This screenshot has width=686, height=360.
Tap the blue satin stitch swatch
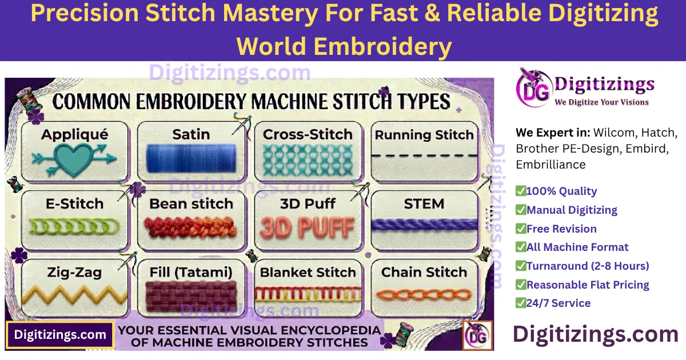tap(190, 158)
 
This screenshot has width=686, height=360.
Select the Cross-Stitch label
tap(308, 135)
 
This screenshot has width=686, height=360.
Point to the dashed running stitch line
tap(424, 155)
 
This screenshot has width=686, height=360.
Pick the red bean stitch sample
tap(190, 228)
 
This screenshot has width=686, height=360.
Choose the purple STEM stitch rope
tap(424, 225)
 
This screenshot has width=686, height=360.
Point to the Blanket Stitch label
tap(308, 273)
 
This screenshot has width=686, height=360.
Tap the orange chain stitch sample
tap(424, 295)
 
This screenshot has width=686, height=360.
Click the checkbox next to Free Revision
tap(521, 229)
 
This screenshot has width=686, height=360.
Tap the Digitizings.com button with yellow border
tap(60, 335)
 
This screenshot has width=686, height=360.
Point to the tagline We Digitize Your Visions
tap(601, 102)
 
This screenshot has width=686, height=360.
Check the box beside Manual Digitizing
tap(521, 210)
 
